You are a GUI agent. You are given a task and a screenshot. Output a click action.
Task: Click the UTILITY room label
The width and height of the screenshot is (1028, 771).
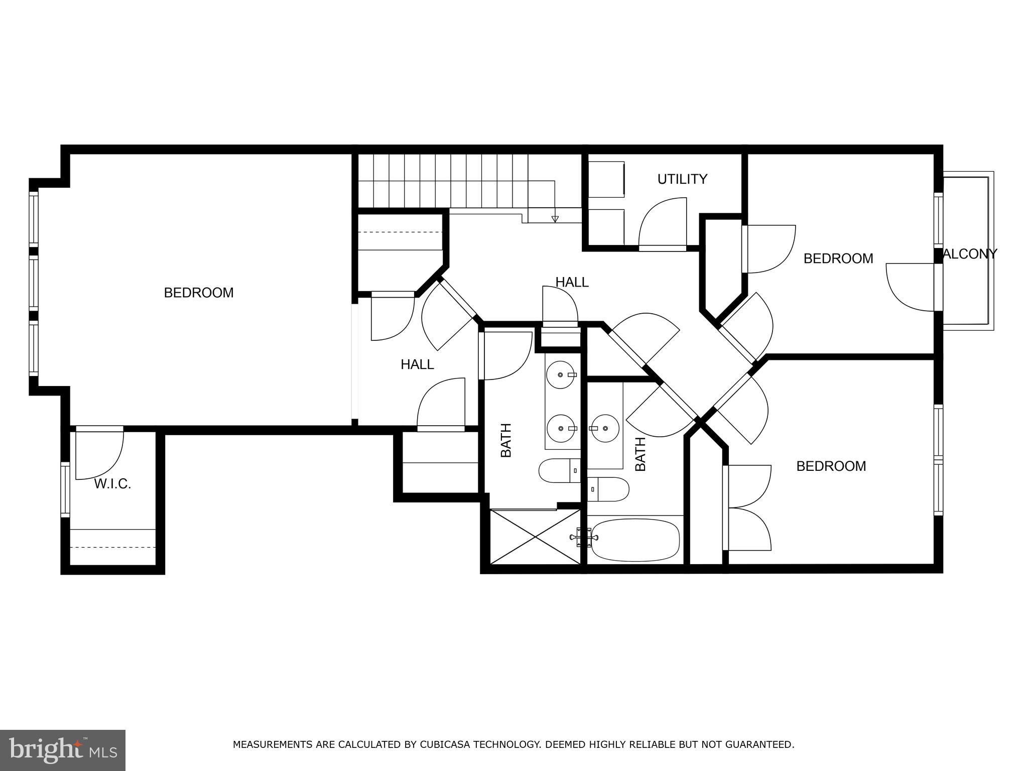tap(682, 179)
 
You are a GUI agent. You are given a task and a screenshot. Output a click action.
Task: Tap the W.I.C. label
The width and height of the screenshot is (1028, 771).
tap(112, 484)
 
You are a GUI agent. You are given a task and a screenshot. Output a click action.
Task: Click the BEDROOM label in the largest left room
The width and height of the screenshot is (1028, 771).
tap(199, 293)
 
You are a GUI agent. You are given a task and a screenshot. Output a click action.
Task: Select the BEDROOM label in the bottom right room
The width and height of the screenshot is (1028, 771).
tap(831, 466)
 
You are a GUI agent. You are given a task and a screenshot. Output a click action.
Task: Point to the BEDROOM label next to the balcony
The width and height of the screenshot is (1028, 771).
tap(838, 259)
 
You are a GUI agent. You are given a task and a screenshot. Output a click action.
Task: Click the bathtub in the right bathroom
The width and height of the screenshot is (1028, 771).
tap(635, 540)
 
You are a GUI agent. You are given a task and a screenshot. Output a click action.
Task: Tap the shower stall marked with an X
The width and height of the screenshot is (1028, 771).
tap(535, 537)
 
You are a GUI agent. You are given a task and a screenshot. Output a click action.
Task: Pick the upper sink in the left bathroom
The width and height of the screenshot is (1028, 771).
tap(560, 374)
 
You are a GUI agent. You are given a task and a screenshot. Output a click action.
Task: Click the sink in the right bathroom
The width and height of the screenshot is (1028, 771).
tap(604, 428)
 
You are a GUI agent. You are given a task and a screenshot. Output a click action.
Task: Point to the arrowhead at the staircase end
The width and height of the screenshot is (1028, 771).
tap(555, 219)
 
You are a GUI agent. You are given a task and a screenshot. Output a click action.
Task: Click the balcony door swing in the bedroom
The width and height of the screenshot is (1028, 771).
tap(910, 287)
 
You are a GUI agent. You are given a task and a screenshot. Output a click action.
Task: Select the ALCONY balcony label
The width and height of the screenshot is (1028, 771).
tap(969, 254)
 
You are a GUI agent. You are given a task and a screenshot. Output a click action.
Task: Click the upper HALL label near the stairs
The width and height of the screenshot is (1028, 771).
tap(572, 282)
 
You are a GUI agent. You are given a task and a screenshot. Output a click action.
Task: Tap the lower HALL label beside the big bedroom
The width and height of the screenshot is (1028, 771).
tap(417, 365)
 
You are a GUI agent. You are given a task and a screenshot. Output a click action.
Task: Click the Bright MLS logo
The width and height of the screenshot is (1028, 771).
tap(63, 750)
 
